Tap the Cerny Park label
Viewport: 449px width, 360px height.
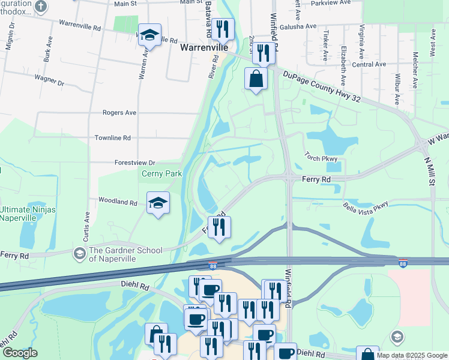point(161,174)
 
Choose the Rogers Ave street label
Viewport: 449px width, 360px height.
point(119,112)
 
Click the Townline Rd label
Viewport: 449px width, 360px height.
point(112,137)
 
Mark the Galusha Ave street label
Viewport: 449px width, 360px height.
point(301,26)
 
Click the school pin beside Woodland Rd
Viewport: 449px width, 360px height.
point(158,203)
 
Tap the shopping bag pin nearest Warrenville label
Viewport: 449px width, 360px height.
point(256,79)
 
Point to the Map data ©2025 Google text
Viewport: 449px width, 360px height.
point(412,355)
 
